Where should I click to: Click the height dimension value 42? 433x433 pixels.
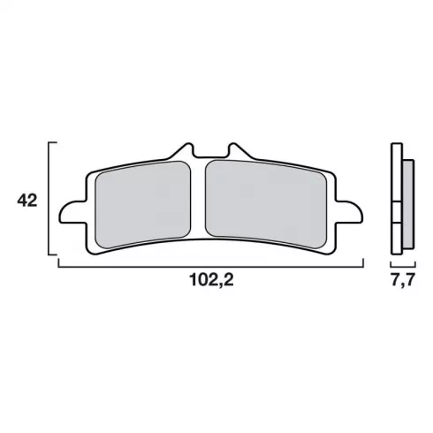pyautogui.click(x=27, y=201)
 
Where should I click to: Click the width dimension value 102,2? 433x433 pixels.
pyautogui.click(x=212, y=279)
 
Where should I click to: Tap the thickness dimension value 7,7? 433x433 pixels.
pyautogui.click(x=403, y=279)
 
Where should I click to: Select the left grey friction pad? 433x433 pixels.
pyautogui.click(x=143, y=204)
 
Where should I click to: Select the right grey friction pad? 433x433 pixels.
pyautogui.click(x=266, y=204)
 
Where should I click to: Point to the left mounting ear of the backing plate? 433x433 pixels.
pyautogui.click(x=73, y=212)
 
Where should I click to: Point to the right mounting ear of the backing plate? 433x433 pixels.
pyautogui.click(x=349, y=212)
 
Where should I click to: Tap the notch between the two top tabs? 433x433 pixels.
pyautogui.click(x=210, y=156)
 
